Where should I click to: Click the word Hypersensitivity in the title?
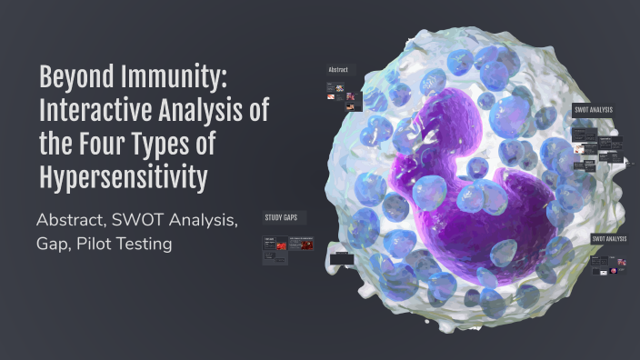(123, 178)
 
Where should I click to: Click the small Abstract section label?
(339, 69)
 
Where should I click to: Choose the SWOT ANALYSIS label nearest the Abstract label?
(593, 110)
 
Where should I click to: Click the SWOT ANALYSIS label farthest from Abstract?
(609, 239)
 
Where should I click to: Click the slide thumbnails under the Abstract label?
(337, 90)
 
